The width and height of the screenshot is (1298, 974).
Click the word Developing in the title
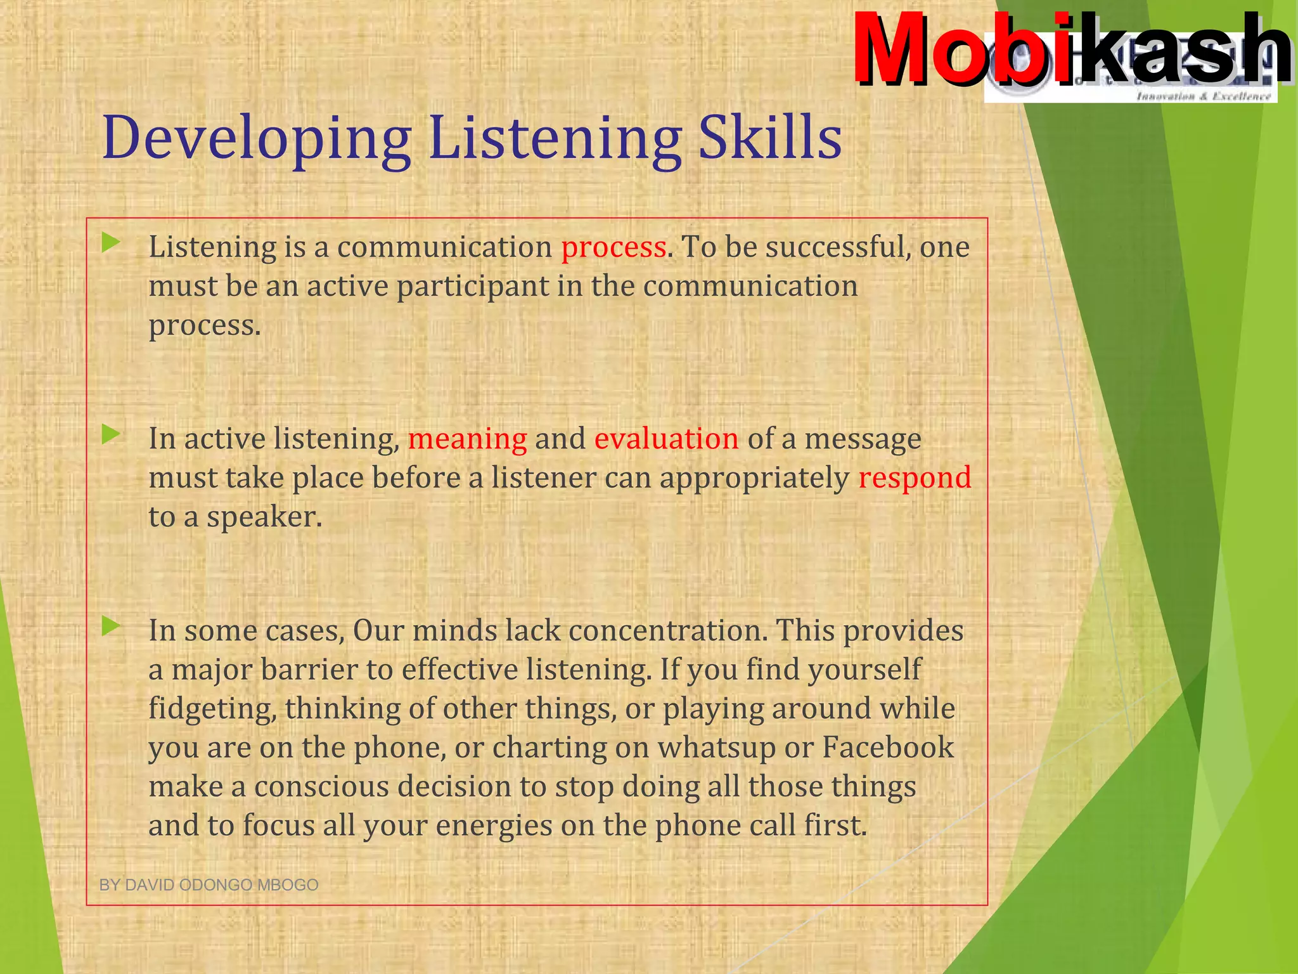[257, 138]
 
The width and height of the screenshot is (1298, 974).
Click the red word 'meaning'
[467, 439]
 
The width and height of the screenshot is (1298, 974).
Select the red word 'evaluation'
[666, 439]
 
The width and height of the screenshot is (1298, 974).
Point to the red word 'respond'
[915, 477]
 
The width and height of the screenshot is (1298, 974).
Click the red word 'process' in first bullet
[613, 247]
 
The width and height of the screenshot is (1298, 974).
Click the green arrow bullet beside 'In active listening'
[111, 434]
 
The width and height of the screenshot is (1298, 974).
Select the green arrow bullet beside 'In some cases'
[111, 626]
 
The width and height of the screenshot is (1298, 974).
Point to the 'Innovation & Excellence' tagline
[1203, 96]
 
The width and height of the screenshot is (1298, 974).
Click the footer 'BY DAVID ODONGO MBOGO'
[209, 885]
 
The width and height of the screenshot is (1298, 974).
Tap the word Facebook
[887, 748]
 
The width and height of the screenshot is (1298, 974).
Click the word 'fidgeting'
[212, 709]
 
